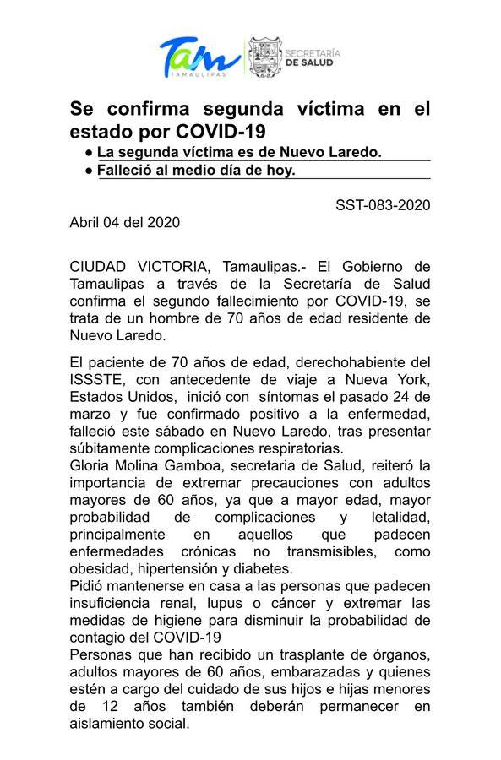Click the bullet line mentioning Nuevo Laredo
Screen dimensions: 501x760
tap(239, 152)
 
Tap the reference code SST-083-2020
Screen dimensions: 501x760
tap(383, 205)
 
